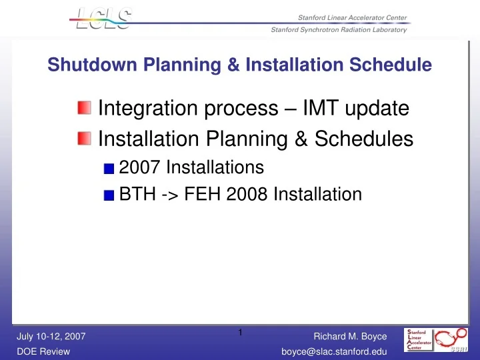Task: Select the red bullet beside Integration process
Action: click(84, 108)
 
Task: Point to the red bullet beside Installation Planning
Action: click(84, 138)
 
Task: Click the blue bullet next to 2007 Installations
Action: click(109, 168)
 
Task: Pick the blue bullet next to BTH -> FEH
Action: click(109, 195)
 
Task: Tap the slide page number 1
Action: click(240, 333)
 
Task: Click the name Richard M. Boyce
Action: click(350, 337)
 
